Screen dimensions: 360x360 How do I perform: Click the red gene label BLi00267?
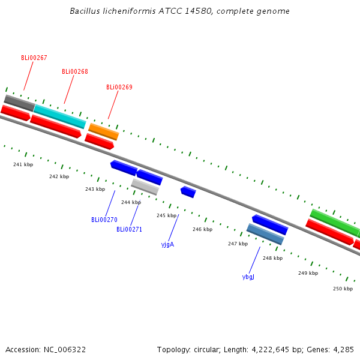coord(34,58)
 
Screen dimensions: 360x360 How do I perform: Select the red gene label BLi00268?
coord(75,72)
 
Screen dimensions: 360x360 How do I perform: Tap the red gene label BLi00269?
coord(119,88)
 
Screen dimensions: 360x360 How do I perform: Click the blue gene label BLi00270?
coord(104,220)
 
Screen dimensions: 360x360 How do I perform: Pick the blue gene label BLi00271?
coord(129,230)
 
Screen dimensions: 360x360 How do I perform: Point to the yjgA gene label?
coord(167,245)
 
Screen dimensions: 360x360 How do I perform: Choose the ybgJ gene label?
coord(248,277)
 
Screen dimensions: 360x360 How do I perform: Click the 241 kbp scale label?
coord(23,164)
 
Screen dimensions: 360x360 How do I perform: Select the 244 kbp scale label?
coord(131,203)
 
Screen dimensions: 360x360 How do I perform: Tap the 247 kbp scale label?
coord(238,244)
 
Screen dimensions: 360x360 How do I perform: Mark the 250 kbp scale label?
coord(343,289)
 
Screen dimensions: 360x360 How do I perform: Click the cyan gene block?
coord(60,116)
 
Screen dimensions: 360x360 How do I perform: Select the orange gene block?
coord(103,131)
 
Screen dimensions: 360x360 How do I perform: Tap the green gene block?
coord(334,223)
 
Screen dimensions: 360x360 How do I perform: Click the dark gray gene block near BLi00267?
coord(19,103)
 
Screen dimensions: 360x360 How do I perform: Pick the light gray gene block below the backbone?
coord(145,187)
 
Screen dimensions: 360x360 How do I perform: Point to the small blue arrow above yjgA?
coord(188,192)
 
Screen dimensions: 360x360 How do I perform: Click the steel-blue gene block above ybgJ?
coord(265,234)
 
